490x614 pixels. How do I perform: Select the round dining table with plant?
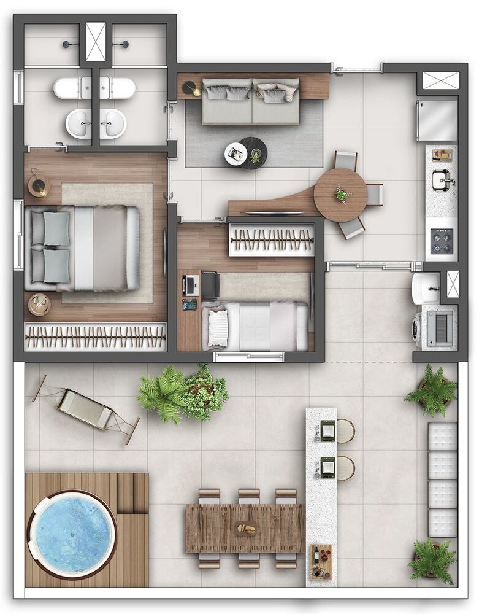340,195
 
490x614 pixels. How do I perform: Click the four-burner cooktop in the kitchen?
442,240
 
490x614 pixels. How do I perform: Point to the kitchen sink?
442,180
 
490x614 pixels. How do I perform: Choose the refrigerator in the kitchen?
438,121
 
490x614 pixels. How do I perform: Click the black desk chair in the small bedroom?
210,284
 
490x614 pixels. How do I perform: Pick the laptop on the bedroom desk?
191,284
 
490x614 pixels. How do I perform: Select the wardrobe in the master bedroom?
95,336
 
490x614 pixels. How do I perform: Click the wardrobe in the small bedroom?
271,239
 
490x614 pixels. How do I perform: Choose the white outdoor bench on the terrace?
442,479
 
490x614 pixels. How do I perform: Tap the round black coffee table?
254,153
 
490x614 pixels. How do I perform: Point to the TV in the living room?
274,213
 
